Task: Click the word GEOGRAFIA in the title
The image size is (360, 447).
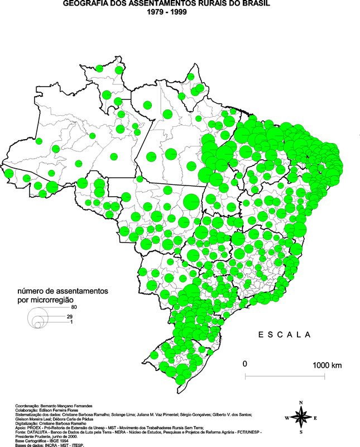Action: (x=85, y=3)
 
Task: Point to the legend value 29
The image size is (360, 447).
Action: (x=70, y=317)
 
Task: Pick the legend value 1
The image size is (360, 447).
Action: (x=72, y=322)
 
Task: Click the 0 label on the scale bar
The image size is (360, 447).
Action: (x=244, y=364)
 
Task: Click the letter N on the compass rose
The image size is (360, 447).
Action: (x=301, y=402)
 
